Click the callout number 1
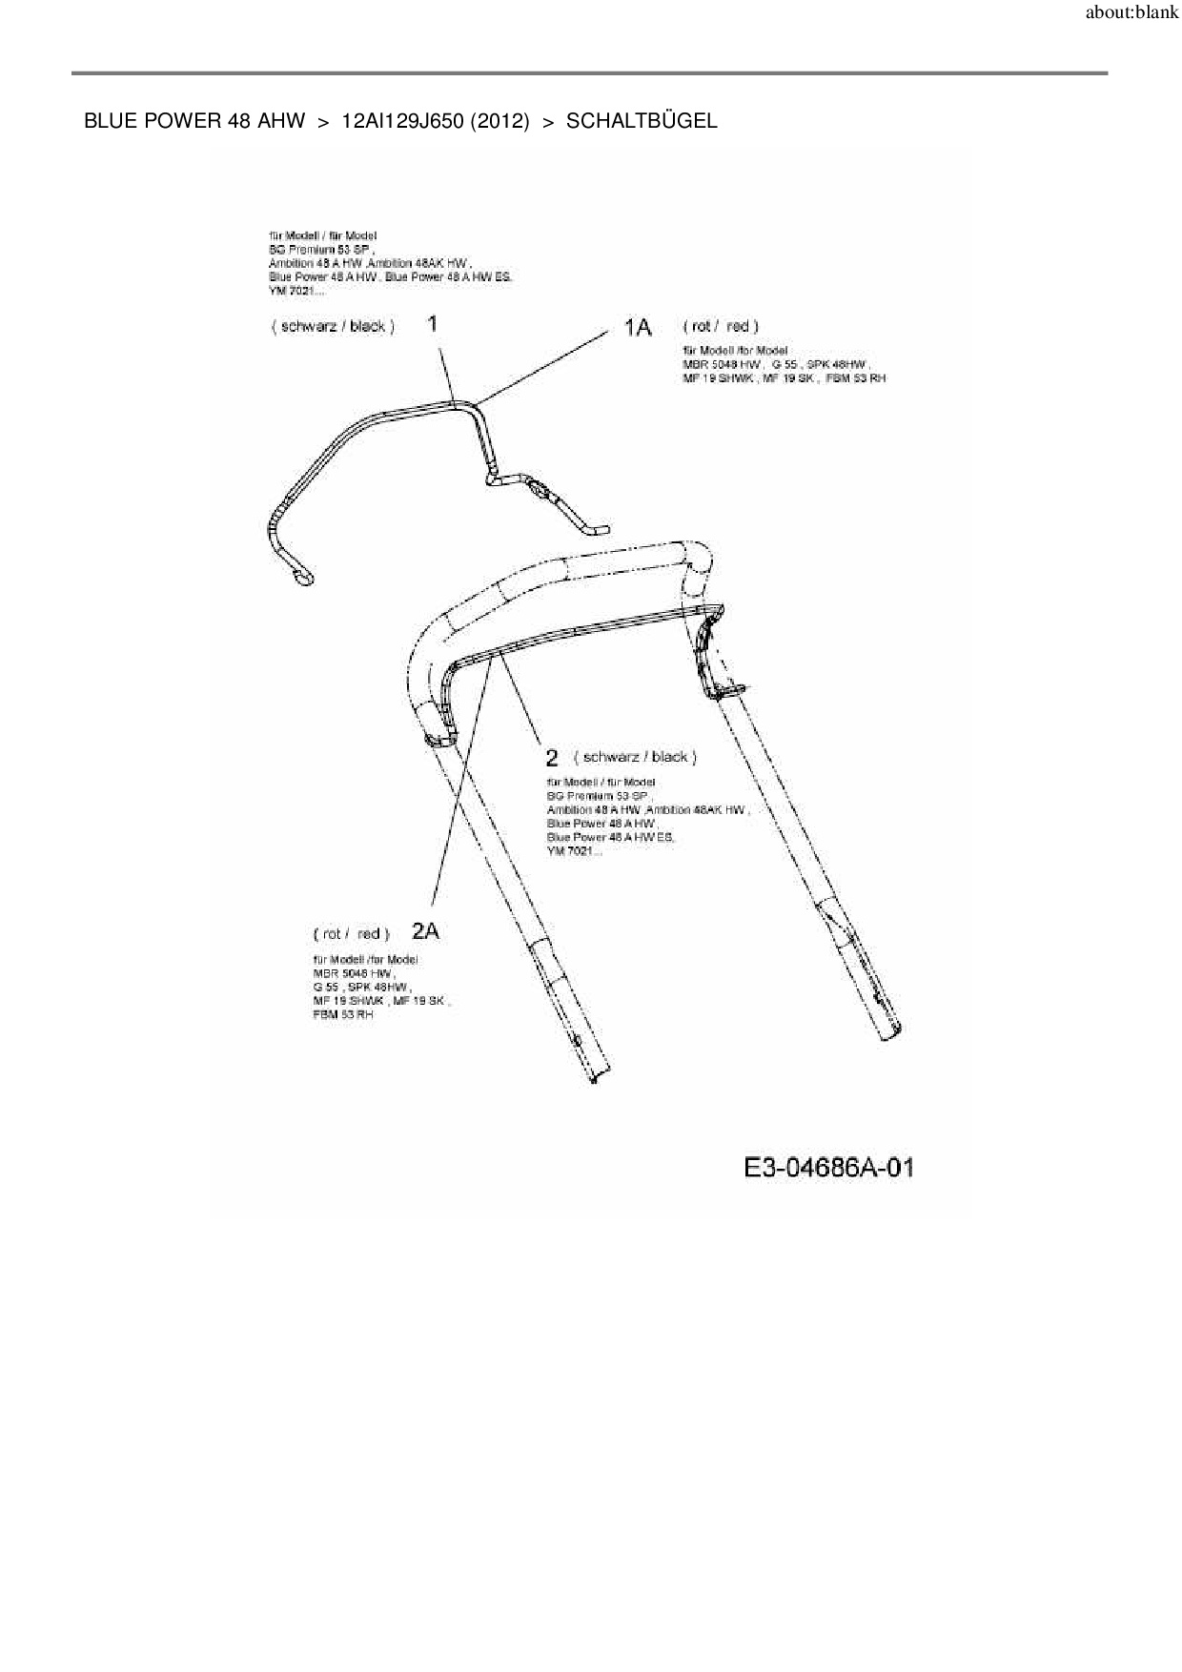(x=433, y=324)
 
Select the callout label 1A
(x=638, y=328)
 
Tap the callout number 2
(x=552, y=758)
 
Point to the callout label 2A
(x=425, y=932)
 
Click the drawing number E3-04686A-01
(x=828, y=1168)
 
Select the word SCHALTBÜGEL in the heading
(x=642, y=121)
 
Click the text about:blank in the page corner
(x=1131, y=13)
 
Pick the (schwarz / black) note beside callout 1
(x=333, y=326)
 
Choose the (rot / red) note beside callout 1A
(x=721, y=326)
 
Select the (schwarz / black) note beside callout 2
(x=635, y=757)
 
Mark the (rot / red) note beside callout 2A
(x=351, y=933)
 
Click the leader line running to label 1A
(x=543, y=366)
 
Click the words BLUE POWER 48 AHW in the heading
(x=194, y=121)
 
